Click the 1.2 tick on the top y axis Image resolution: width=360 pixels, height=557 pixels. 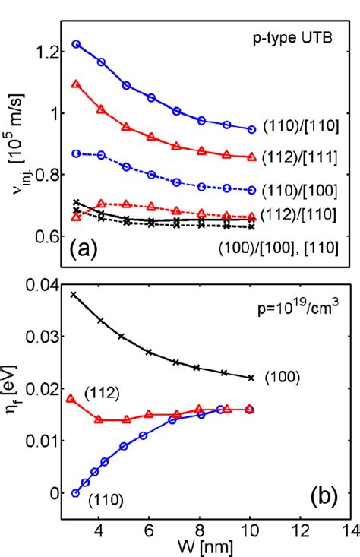[x=46, y=52]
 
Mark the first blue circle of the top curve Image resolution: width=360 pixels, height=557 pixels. [x=76, y=44]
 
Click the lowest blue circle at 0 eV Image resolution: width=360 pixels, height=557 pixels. [x=75, y=493]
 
